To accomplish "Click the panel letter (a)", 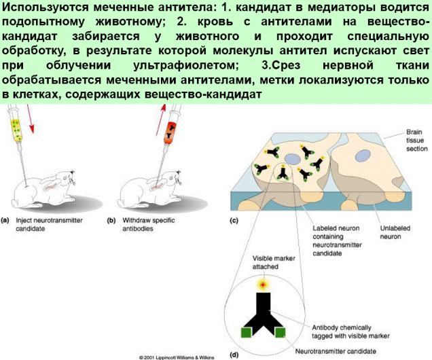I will pos(5,221).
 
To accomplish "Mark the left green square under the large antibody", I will pos(245,333).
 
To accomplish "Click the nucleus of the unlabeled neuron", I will pos(362,156).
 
